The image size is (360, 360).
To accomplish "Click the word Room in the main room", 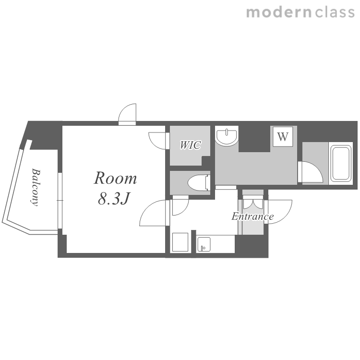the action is tap(115, 178).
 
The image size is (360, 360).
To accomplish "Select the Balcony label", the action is tap(35, 187).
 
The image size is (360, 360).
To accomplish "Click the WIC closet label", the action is tap(191, 145).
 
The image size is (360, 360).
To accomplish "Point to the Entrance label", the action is tap(252, 216).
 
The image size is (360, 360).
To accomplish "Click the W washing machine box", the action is tap(283, 136).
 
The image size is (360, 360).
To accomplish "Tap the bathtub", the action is tap(341, 164).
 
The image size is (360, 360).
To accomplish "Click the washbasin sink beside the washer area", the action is tap(227, 137).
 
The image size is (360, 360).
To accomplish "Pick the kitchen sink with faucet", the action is tap(204, 244).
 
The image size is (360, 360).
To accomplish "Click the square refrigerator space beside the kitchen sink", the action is tap(180, 242).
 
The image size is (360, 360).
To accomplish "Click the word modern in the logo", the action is tap(278, 12).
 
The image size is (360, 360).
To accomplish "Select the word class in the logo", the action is tap(335, 12).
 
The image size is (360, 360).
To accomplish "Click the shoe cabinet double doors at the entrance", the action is tap(253, 202).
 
